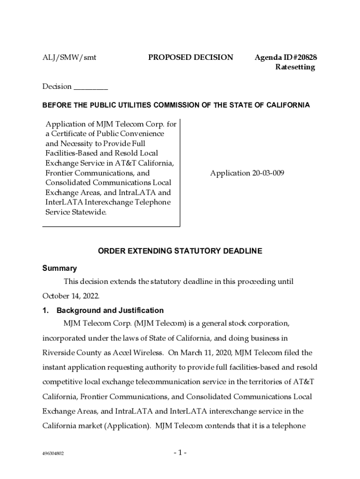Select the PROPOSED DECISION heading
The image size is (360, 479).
click(x=190, y=58)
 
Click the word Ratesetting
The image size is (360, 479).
click(x=295, y=67)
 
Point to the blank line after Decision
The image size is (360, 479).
click(x=91, y=87)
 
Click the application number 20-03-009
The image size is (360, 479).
click(x=246, y=173)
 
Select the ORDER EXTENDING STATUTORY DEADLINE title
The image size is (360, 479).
click(x=180, y=251)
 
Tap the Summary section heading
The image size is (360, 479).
click(x=59, y=269)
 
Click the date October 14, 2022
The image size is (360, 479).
click(x=71, y=296)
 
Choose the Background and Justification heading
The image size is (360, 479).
click(x=110, y=311)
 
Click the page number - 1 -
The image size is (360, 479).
click(x=180, y=453)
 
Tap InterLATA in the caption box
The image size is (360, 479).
click(x=65, y=202)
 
